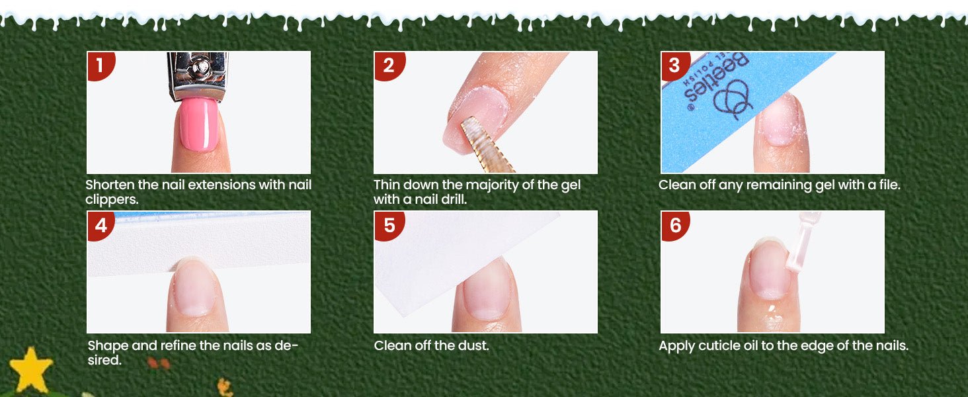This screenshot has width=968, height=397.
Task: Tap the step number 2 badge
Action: pyautogui.click(x=388, y=66)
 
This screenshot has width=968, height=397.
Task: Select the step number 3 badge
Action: pyautogui.click(x=674, y=66)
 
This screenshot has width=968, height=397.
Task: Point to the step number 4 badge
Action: pyautogui.click(x=101, y=226)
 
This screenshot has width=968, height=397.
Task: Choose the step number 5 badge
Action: pyautogui.click(x=389, y=226)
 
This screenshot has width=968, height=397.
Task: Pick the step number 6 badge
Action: pyautogui.click(x=675, y=226)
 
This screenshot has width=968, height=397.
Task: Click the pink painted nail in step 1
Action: pyautogui.click(x=199, y=124)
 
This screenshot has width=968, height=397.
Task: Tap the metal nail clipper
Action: pyautogui.click(x=198, y=76)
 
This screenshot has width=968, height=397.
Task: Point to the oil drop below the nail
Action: pyautogui.click(x=770, y=309)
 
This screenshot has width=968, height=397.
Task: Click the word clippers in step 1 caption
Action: pyautogui.click(x=112, y=200)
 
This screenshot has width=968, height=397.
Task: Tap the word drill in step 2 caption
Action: pyautogui.click(x=454, y=199)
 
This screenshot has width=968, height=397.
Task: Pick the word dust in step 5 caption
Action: pyautogui.click(x=475, y=345)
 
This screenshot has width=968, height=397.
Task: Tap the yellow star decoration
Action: pyautogui.click(x=30, y=369)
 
